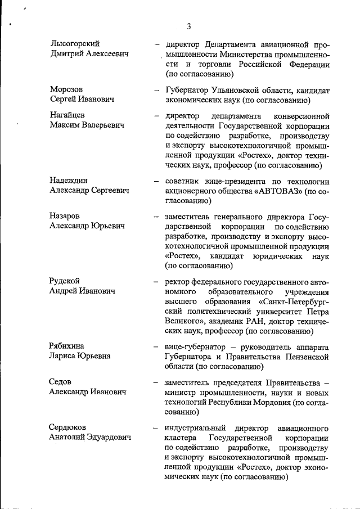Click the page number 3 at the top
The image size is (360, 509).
tap(189, 26)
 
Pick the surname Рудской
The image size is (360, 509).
tap(65, 281)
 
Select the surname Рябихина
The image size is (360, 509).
tap(68, 346)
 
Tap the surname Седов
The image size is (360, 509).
tap(60, 382)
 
